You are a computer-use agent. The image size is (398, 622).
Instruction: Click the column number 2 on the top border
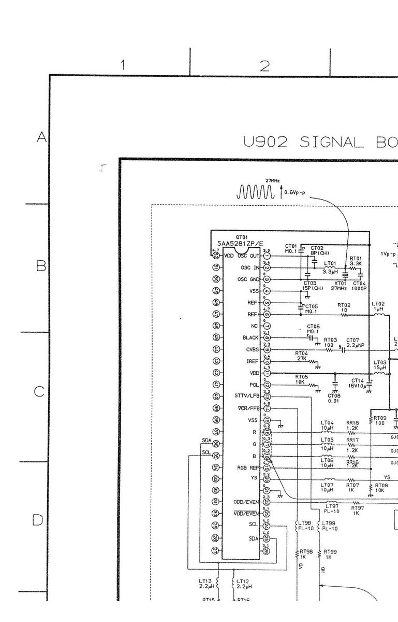pos(264,66)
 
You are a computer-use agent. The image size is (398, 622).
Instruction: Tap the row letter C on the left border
pos(39,392)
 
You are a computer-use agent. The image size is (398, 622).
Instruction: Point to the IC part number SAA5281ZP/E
pos(240,244)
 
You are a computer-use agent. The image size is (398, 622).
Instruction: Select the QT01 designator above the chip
pos(241,237)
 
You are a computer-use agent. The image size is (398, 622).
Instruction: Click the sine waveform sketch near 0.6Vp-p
pos(255,192)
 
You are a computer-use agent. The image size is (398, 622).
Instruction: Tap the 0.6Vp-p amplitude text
pos(294,194)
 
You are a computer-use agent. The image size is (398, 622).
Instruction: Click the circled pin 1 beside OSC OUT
pos(267,256)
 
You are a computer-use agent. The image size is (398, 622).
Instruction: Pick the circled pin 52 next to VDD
pos(216,256)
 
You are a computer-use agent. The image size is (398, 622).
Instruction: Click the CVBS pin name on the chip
pos(252,349)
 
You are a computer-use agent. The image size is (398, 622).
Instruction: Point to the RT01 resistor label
pos(356,258)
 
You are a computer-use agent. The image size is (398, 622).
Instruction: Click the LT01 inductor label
pos(330,263)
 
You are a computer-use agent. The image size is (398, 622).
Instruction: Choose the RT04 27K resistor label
pos(301,355)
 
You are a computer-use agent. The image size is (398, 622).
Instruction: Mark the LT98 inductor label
pos(305,523)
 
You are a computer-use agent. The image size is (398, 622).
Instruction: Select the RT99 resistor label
pos(330,552)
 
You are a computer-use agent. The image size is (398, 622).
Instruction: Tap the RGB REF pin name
pos(248,468)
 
